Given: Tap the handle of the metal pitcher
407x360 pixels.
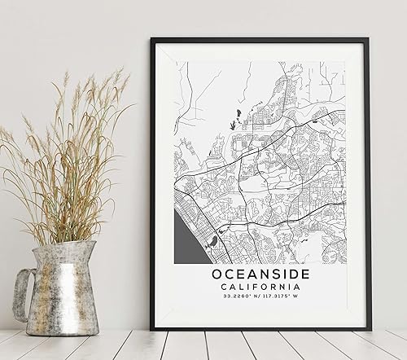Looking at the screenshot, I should tap(24, 293).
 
